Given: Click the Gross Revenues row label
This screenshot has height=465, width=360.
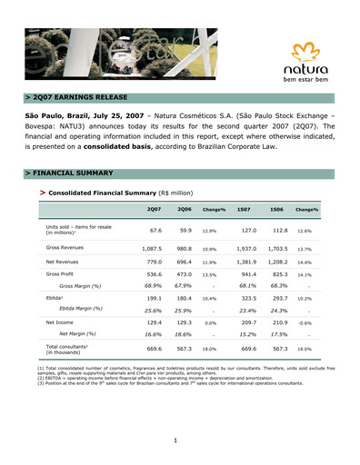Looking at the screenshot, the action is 65,247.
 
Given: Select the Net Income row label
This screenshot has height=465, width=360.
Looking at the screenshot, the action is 62,322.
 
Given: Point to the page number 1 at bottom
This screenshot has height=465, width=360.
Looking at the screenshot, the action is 180,440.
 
